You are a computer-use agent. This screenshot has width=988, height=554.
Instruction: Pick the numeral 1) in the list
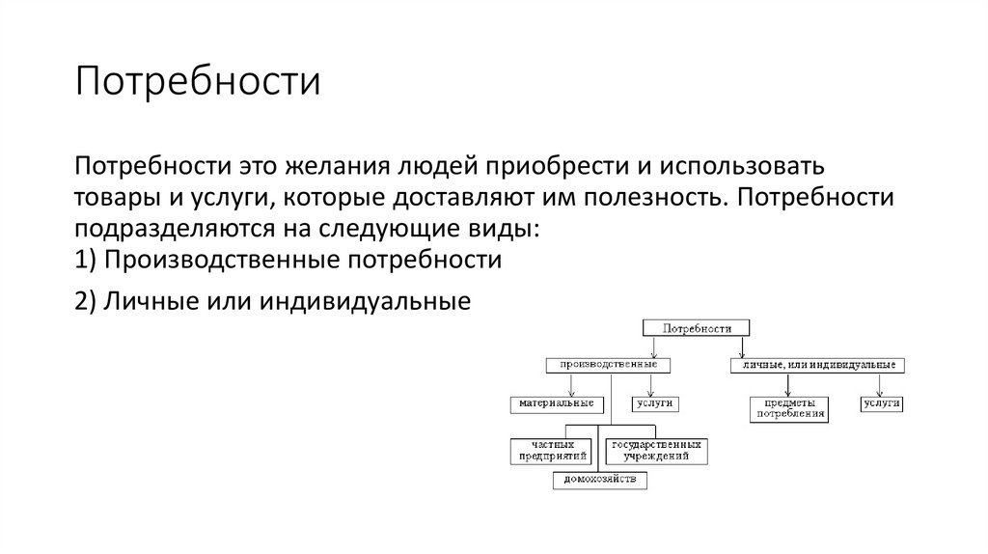click(x=85, y=261)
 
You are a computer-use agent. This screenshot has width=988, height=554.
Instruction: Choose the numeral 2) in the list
click(x=85, y=302)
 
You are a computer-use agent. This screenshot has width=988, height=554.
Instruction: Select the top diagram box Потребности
click(x=692, y=328)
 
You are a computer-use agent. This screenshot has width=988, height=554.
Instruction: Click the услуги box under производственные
click(x=653, y=402)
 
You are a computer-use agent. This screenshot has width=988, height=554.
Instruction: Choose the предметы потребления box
click(x=788, y=408)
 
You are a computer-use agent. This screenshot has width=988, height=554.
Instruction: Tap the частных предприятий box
click(x=551, y=449)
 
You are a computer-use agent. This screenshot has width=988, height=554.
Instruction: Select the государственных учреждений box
click(x=655, y=449)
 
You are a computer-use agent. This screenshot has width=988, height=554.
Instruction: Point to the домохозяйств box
click(x=600, y=479)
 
